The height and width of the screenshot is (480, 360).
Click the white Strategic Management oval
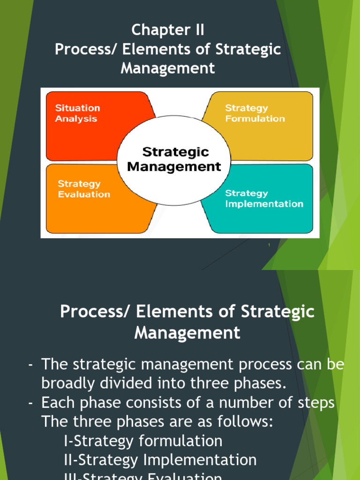coord(174,159)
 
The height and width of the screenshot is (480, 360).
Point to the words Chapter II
coord(168,30)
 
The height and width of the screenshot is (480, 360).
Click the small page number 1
coord(269,245)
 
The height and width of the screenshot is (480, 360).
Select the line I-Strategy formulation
coord(143,441)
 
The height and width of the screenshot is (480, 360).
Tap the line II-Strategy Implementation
coord(160,459)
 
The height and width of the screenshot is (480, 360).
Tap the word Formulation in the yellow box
coord(255,119)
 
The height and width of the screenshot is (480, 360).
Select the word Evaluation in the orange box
coord(84,194)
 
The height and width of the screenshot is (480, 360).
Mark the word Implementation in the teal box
coord(264,204)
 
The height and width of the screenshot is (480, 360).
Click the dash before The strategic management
coord(30,365)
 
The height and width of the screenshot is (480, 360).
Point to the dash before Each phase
coord(30,402)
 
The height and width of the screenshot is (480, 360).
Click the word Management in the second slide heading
coord(187,333)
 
